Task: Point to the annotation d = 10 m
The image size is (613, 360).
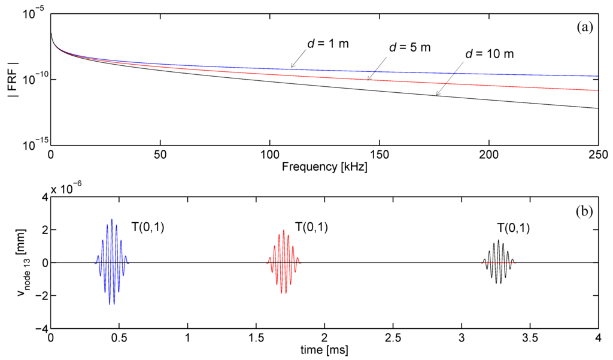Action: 490,55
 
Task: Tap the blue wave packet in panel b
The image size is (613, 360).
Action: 112,262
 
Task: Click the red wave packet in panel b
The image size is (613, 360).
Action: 283,262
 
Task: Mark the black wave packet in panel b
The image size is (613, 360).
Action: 499,262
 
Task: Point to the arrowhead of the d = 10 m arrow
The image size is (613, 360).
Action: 437,95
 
